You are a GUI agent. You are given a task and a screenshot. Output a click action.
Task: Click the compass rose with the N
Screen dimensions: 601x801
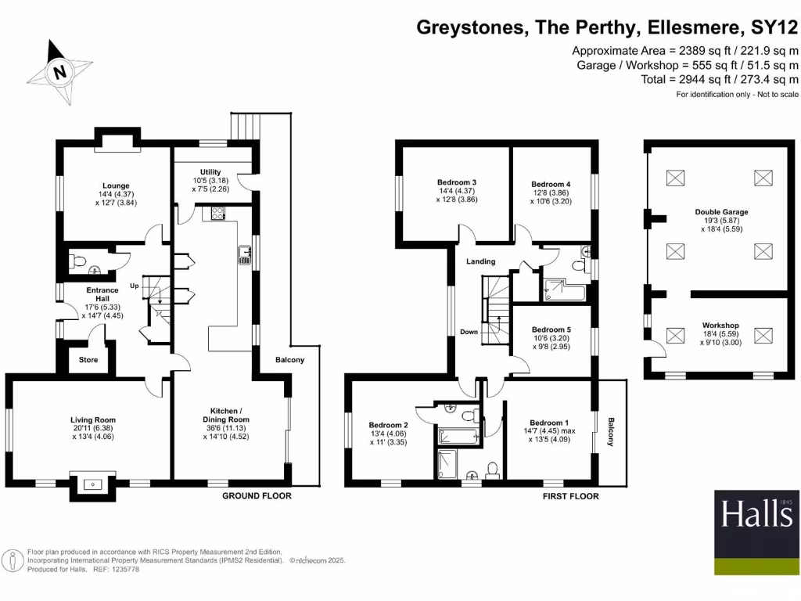(59, 73)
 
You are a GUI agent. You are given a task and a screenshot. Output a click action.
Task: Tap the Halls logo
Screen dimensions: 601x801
(756, 522)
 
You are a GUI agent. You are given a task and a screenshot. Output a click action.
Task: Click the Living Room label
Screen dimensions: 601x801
(93, 420)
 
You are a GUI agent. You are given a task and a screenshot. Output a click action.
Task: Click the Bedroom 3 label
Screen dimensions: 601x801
(457, 182)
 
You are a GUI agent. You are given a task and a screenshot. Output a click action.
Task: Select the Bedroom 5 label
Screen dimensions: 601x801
(551, 329)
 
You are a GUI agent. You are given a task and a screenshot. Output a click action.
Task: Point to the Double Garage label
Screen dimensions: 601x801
(721, 212)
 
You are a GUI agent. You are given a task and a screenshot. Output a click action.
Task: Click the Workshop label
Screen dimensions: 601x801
(720, 326)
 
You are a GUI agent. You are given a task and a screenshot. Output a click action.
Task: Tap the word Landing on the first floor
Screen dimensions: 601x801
(481, 261)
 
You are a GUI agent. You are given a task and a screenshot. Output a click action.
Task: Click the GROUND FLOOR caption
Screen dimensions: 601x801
(257, 496)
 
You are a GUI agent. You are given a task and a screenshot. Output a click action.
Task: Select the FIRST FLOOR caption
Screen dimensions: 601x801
(570, 496)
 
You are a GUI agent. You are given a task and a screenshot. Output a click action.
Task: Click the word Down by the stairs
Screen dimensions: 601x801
(469, 332)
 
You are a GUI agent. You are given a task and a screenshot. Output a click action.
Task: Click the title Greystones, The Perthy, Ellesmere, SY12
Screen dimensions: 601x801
(607, 28)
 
